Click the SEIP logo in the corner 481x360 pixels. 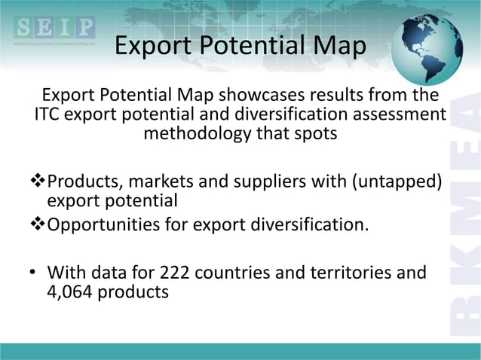pos(54,30)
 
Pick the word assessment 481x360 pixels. pos(400,116)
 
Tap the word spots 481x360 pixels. pos(315,136)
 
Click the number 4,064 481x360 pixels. pos(74,291)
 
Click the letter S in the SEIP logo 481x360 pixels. pos(24,28)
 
